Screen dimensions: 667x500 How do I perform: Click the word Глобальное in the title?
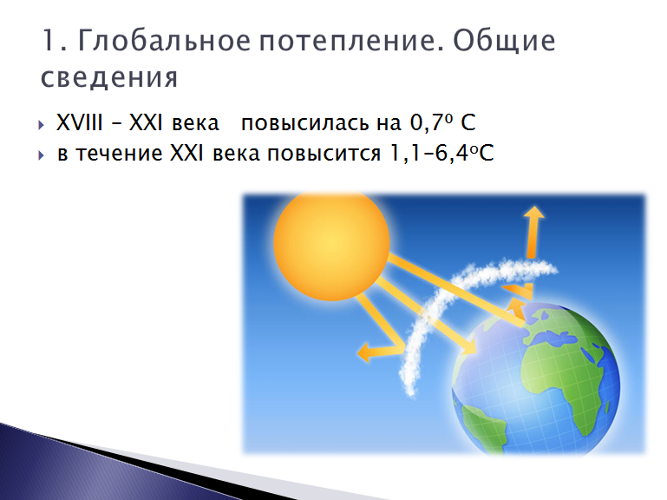tap(164, 41)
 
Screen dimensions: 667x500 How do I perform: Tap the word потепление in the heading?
tap(351, 42)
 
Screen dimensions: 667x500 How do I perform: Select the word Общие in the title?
tap(504, 42)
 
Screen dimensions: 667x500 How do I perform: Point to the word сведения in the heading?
tap(109, 77)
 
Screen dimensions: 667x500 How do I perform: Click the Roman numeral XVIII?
tap(80, 122)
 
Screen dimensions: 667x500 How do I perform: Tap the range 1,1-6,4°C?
tap(441, 153)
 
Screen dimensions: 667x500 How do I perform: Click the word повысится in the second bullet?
tap(324, 154)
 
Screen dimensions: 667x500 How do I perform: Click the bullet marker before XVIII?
tap(41, 125)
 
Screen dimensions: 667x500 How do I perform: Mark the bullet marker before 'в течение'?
tap(41, 155)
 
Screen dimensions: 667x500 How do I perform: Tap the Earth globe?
tap(536, 380)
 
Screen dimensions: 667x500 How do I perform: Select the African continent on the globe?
tap(561, 375)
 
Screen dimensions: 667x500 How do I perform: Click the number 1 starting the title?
tap(48, 41)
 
